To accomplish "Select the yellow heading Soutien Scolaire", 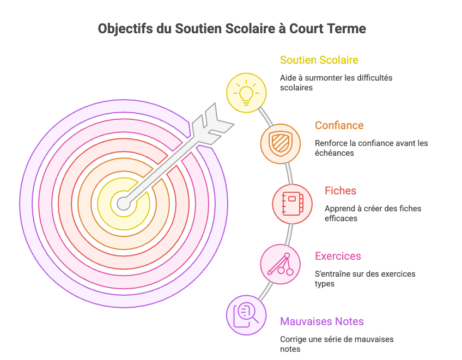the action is coord(319,60).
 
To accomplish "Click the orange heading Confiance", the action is coord(339,125).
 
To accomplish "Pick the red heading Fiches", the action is coord(341,191).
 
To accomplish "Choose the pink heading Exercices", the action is coord(338,257).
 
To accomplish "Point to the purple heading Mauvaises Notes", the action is coord(322,321).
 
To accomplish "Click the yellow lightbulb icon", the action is coord(246,93).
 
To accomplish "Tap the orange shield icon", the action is coord(281,143).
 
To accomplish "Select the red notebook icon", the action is coord(292,204).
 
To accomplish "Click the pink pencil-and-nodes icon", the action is coord(281,264).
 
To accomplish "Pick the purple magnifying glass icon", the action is coord(246,315).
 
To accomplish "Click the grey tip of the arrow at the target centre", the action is coord(124,204).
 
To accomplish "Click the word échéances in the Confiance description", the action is coord(335,153).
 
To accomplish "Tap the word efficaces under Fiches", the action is coord(341,218).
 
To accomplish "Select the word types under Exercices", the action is coord(325,284).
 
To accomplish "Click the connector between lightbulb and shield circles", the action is coord(265,117).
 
